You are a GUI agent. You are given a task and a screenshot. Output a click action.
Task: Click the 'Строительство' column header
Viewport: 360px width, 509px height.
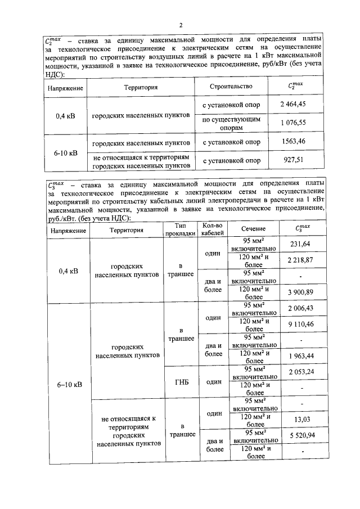click(231, 87)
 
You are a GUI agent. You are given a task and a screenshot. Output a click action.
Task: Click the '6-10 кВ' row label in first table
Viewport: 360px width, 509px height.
click(67, 152)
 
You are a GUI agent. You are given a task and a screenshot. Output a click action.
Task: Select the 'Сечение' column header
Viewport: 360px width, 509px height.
click(254, 229)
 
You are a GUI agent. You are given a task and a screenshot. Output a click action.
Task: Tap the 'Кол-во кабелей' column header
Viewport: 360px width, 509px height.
click(213, 228)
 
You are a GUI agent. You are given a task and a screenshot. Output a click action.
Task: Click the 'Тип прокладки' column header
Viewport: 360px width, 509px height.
click(179, 228)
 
